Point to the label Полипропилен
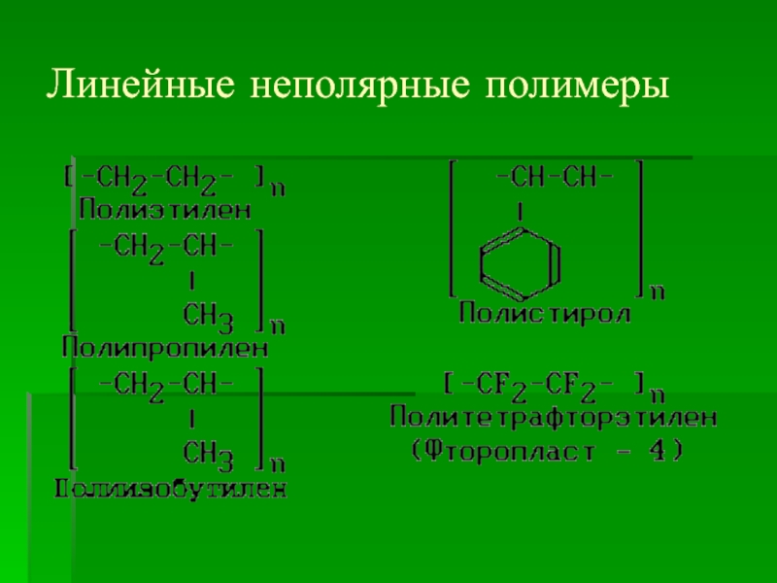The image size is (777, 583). tap(165, 345)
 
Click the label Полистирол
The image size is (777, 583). tap(545, 314)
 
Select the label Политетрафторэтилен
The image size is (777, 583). tap(555, 419)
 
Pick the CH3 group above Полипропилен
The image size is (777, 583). tap(207, 315)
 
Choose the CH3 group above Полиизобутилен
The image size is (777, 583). tap(207, 453)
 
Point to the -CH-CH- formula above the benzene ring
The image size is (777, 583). tap(555, 178)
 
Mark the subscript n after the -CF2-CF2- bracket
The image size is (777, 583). tap(657, 394)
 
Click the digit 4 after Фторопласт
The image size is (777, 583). tap(662, 451)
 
